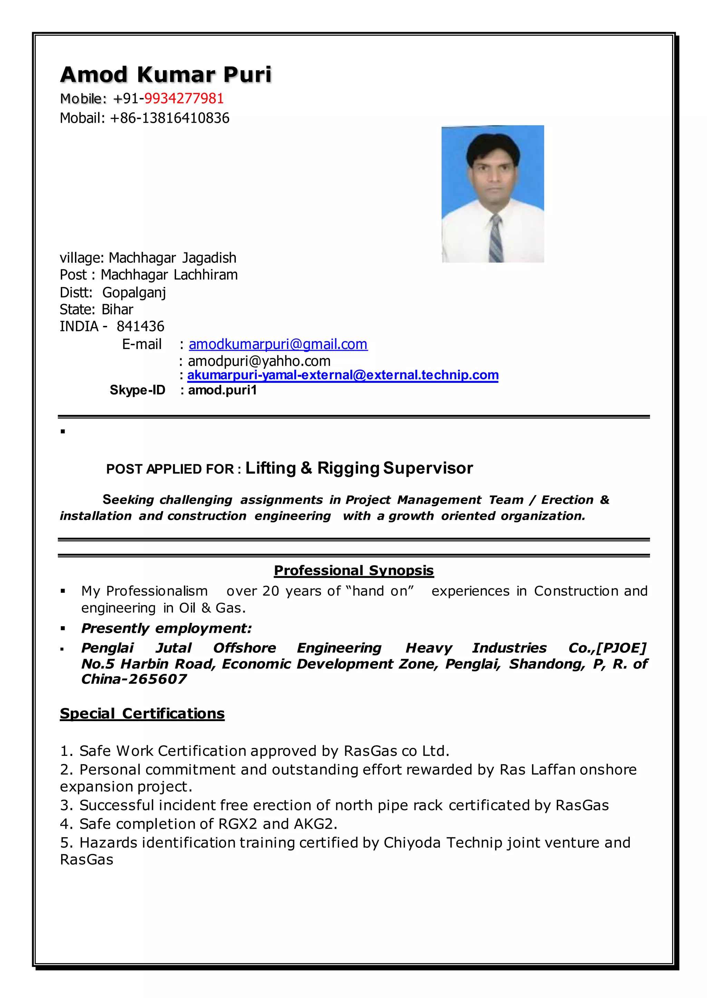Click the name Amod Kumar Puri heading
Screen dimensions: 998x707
[x=165, y=75]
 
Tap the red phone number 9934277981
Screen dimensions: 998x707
[x=184, y=99]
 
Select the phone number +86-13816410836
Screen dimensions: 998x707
[x=170, y=118]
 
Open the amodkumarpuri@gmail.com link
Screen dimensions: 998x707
[x=278, y=345]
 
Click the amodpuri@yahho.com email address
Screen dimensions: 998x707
[x=259, y=361]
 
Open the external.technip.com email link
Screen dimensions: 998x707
[x=342, y=375]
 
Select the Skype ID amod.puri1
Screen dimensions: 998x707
[x=222, y=390]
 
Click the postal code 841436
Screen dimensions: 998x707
[x=140, y=327]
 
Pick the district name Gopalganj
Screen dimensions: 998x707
[x=134, y=293]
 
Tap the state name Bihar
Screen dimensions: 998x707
[x=117, y=310]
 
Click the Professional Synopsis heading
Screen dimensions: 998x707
[x=353, y=570]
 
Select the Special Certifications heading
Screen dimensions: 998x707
[x=142, y=713]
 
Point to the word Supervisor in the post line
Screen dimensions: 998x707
[x=428, y=468]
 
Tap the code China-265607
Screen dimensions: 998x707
[x=134, y=679]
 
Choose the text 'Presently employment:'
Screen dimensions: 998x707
[x=166, y=628]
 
